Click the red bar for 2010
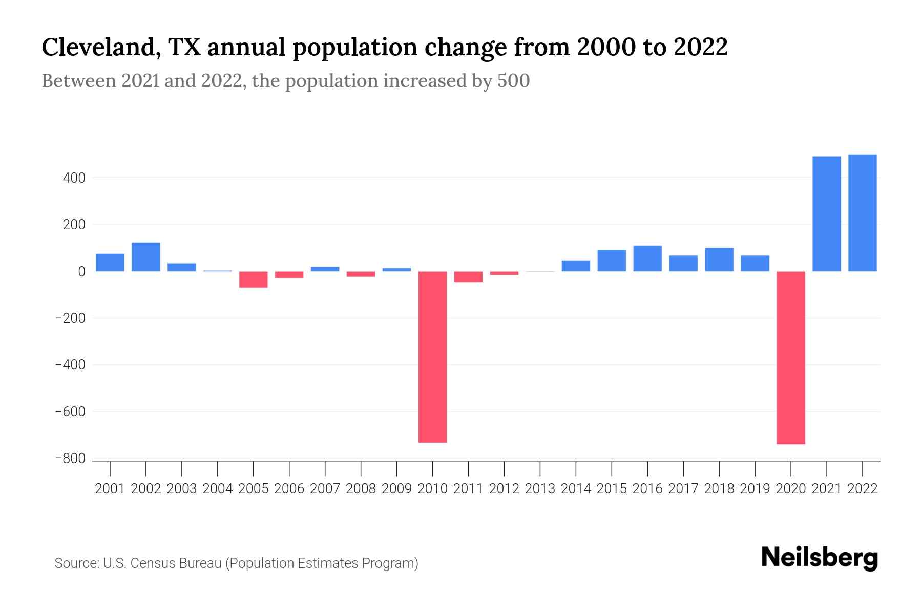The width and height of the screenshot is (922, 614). (432, 357)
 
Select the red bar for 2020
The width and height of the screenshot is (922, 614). (791, 358)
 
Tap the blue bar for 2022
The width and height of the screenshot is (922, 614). (863, 212)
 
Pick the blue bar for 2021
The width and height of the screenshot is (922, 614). (827, 213)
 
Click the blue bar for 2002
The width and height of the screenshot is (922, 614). (146, 256)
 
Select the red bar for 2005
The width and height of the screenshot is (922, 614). (254, 279)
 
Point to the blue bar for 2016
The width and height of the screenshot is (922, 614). (647, 258)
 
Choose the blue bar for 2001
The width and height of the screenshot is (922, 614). (110, 262)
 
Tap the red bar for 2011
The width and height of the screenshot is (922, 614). (468, 277)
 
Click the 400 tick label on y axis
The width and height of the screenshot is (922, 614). (74, 178)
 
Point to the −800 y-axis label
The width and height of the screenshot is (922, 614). (71, 458)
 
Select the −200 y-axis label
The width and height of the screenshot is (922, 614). (71, 318)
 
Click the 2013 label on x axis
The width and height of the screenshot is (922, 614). (540, 489)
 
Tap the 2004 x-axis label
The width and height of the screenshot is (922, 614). (218, 489)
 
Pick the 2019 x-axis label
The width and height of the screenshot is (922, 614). (755, 489)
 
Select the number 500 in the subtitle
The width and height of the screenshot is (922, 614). (513, 81)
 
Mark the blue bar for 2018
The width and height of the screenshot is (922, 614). (719, 259)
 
